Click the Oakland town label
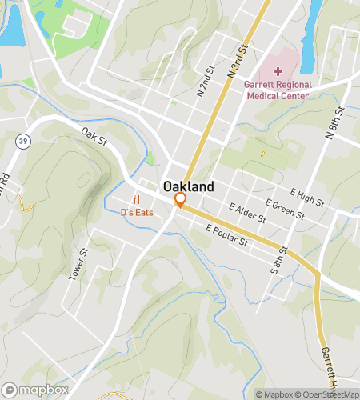[189, 186]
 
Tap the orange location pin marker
[181, 200]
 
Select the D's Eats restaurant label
[137, 212]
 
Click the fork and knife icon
[137, 200]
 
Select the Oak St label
[94, 137]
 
